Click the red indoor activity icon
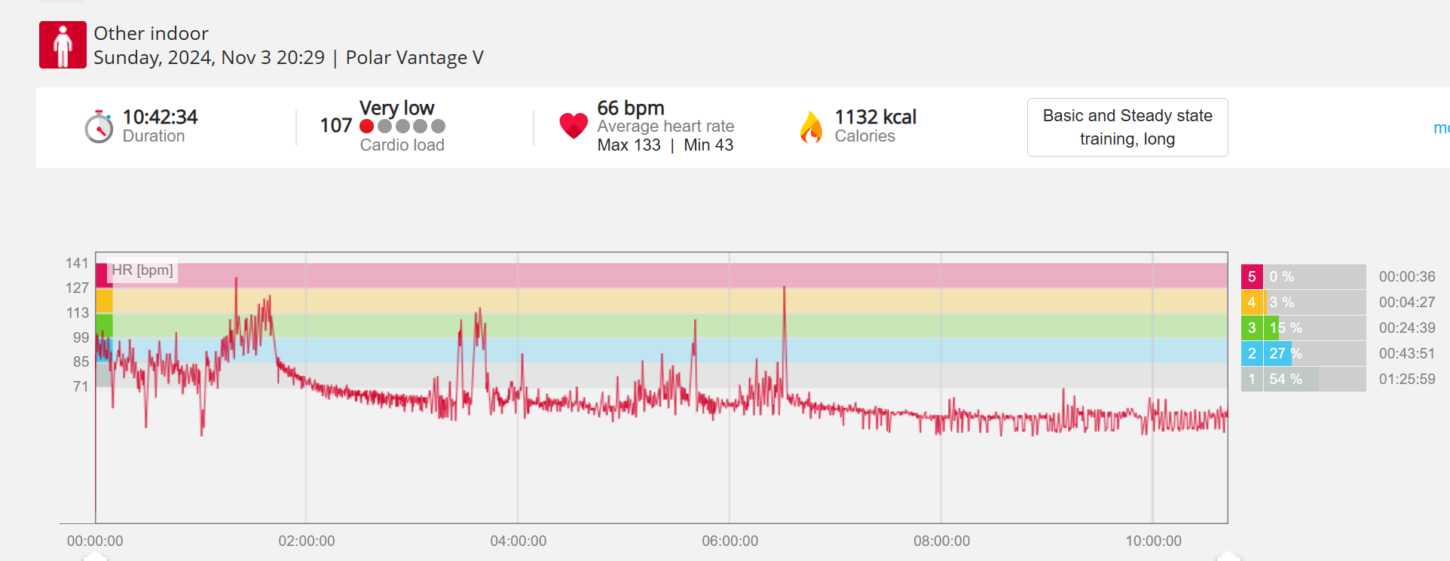63,45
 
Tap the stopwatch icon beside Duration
99,127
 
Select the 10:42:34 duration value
160,117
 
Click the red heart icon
574,125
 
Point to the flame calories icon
811,127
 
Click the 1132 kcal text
875,117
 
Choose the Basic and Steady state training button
1127,127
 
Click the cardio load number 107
336,125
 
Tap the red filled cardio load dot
367,126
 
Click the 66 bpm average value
631,108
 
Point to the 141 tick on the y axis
77,263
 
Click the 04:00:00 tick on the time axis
519,541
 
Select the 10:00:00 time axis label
1153,541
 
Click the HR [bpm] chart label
142,270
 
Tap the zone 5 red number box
1252,276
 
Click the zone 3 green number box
1252,328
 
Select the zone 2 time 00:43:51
1406,353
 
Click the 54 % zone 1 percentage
1285,379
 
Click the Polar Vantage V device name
415,57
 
